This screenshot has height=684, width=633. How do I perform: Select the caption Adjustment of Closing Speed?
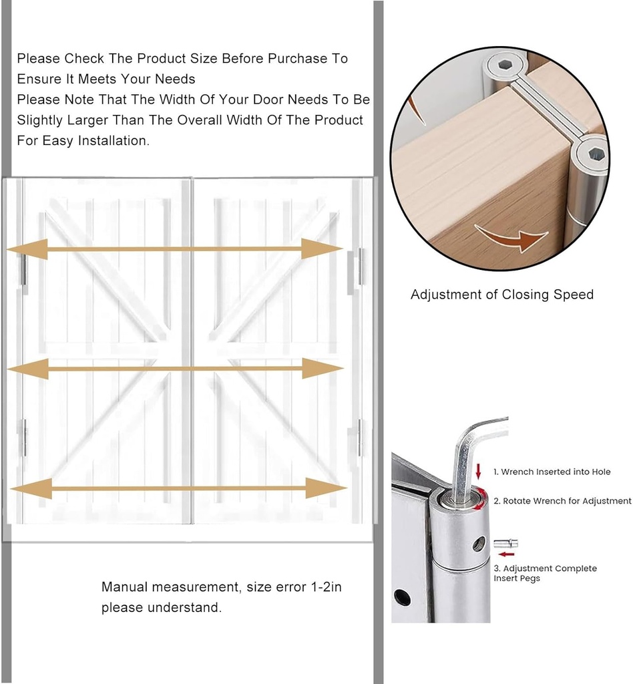501,295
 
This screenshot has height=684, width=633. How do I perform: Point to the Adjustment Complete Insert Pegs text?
544,573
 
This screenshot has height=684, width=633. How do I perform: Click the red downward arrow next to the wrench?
478,474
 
